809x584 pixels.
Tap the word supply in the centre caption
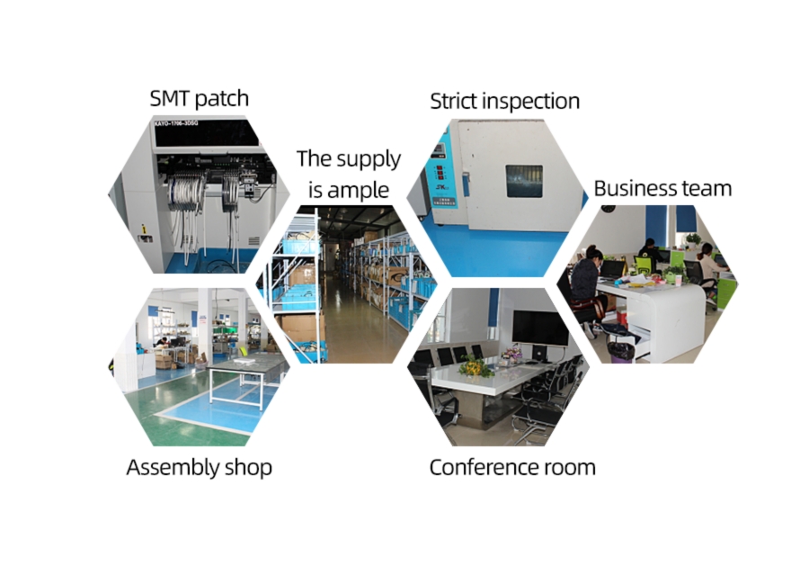369,160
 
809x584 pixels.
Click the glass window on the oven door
524,181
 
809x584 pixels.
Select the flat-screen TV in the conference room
540,328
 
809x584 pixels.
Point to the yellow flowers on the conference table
474,366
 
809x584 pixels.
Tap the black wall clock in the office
609,209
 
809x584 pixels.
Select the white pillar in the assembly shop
204,328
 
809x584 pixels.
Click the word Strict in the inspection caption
454,101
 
